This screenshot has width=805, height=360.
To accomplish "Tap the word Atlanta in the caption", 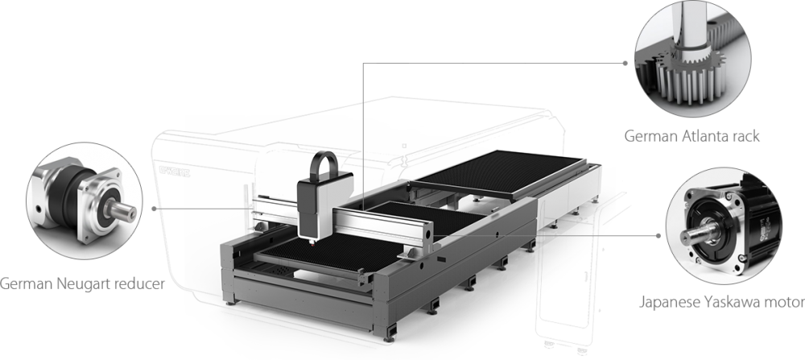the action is (707, 136).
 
